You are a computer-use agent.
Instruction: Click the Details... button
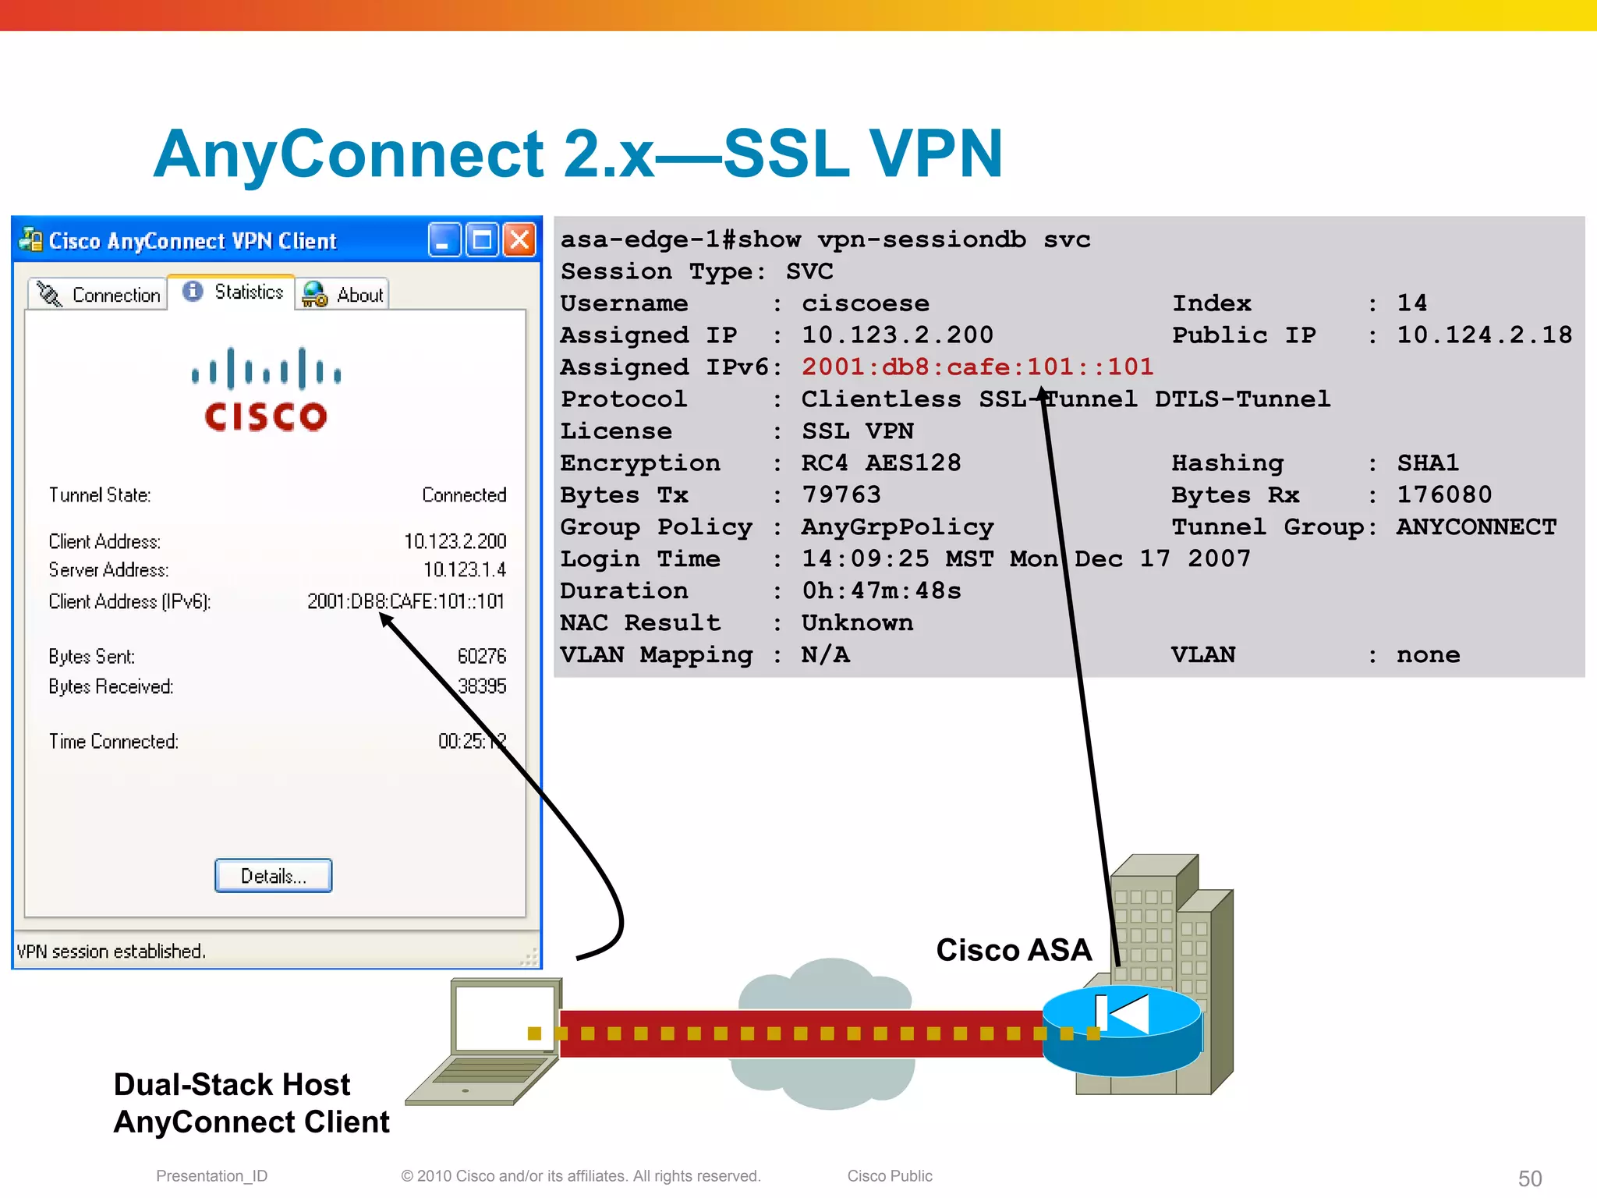click(x=273, y=876)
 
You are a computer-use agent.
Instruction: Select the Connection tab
click(x=98, y=295)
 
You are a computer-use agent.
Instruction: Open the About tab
click(x=342, y=295)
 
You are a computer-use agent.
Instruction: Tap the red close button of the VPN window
click(x=519, y=240)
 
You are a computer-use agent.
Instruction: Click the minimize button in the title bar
click(x=444, y=240)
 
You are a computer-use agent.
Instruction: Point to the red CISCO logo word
click(x=265, y=416)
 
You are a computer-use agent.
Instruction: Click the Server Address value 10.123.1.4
click(x=465, y=570)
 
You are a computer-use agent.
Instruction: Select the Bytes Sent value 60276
click(x=481, y=656)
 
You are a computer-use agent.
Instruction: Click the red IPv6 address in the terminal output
click(x=977, y=367)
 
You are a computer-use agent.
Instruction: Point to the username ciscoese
click(x=865, y=303)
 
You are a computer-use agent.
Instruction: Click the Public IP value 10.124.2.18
click(x=1484, y=335)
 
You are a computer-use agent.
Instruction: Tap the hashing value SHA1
click(x=1427, y=463)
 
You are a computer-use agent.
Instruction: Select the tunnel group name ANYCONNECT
click(x=1476, y=527)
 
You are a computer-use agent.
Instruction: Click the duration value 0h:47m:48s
click(x=881, y=591)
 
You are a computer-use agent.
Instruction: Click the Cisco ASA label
click(x=1013, y=950)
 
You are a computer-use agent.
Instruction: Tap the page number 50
click(x=1529, y=1178)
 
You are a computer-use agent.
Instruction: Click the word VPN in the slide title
click(x=935, y=154)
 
